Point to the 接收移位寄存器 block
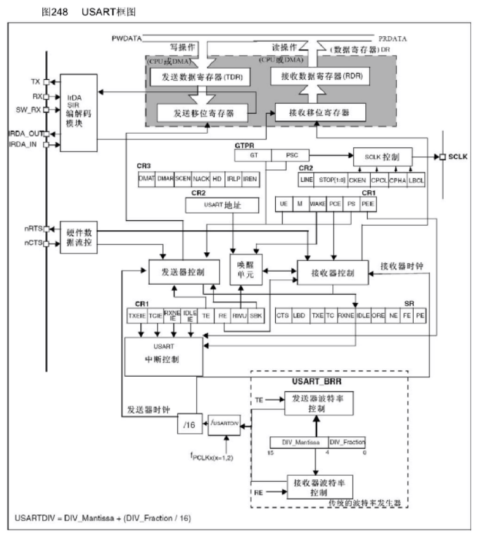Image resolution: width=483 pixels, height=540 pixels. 320,112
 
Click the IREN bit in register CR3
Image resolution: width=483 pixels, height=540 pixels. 249,179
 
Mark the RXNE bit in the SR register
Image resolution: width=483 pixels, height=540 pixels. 346,315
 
